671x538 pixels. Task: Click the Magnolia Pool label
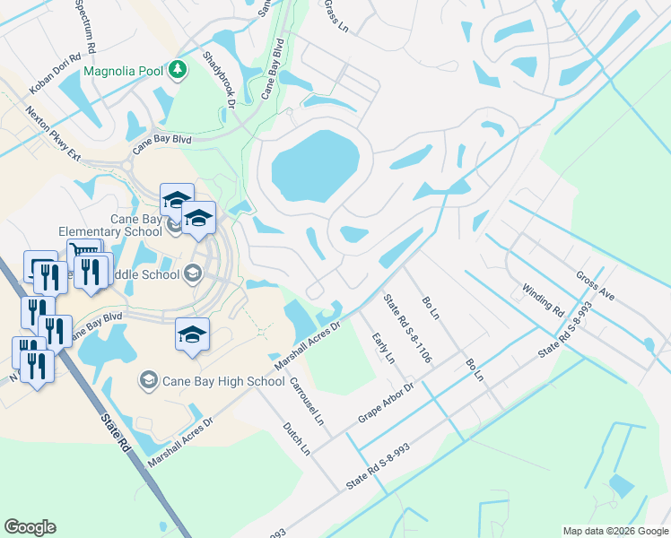(126, 71)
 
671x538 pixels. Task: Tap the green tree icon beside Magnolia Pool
(178, 70)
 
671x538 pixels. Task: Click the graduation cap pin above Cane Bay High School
(192, 334)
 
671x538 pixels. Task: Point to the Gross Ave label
(595, 285)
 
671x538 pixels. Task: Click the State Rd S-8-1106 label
(408, 328)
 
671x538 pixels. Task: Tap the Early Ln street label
(383, 347)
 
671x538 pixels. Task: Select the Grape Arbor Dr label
(385, 403)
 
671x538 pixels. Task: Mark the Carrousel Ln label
(305, 400)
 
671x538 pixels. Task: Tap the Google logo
(30, 527)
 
